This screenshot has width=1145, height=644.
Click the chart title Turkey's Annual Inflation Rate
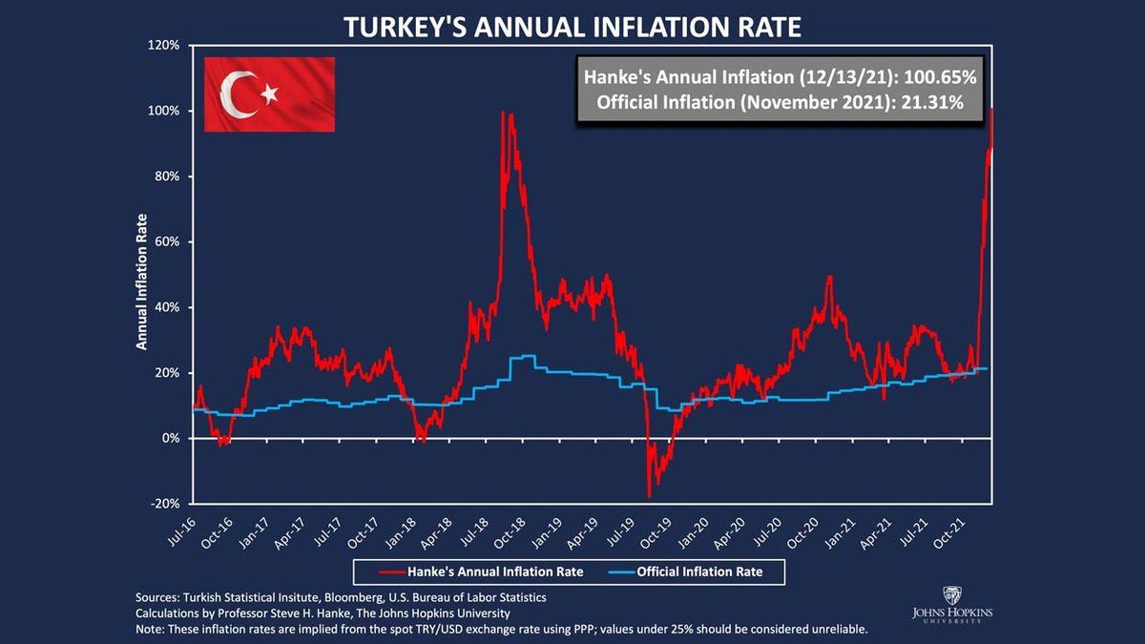tap(572, 25)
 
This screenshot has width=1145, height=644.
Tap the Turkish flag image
tap(269, 93)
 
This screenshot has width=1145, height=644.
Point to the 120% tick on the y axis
tap(164, 46)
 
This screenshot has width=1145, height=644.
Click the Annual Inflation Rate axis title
tap(141, 280)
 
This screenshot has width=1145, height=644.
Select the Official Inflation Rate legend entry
tap(701, 571)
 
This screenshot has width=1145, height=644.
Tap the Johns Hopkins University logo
tap(951, 604)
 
